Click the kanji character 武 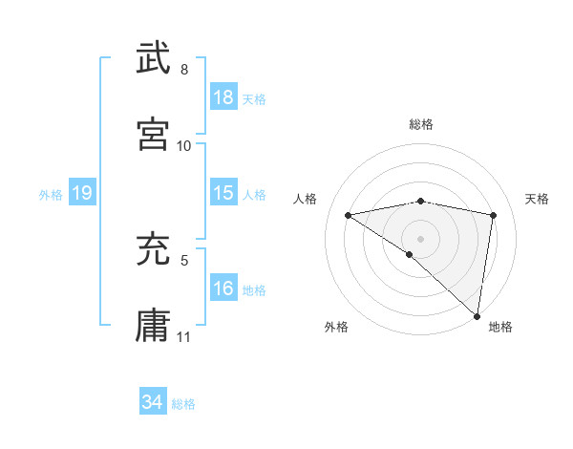tap(154, 59)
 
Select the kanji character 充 tap(154, 250)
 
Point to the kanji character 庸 tap(154, 325)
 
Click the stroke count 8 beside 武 tap(184, 70)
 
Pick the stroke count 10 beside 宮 tap(184, 145)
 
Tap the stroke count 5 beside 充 tap(184, 258)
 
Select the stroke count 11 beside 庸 tap(184, 336)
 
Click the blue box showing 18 tap(223, 97)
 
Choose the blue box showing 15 tap(223, 193)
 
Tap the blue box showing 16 tap(223, 289)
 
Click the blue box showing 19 tap(81, 193)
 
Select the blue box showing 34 tap(153, 402)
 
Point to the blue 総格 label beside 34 tap(183, 404)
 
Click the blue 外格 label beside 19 tap(51, 195)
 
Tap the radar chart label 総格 tap(420, 124)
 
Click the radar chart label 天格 tap(538, 199)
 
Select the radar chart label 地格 tap(500, 327)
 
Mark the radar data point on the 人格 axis tap(349, 215)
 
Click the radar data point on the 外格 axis tap(410, 254)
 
